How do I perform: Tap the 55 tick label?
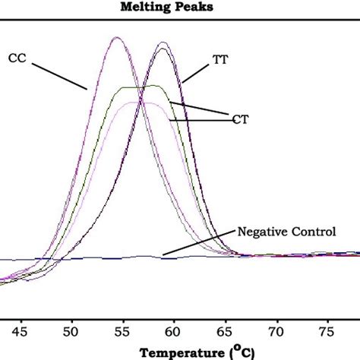118,331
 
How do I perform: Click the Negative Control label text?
286,230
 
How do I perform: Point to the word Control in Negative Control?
312,230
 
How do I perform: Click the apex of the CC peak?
117,38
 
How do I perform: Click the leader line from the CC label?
60,73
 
